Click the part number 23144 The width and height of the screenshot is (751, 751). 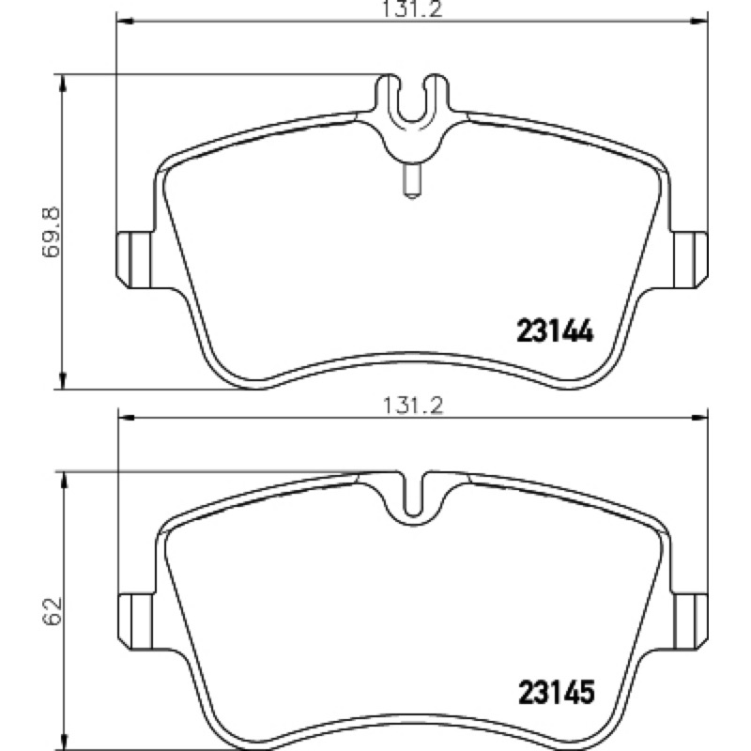(555, 330)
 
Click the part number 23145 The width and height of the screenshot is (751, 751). (556, 692)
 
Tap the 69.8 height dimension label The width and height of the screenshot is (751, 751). (52, 232)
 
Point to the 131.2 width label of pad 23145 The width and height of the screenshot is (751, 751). (413, 406)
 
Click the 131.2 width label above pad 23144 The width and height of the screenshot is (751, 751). (411, 9)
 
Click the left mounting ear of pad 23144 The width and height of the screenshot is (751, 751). (135, 260)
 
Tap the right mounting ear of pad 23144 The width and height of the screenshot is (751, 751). (690, 260)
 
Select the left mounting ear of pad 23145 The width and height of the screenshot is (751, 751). (136, 621)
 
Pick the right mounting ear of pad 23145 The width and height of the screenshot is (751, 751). (690, 621)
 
